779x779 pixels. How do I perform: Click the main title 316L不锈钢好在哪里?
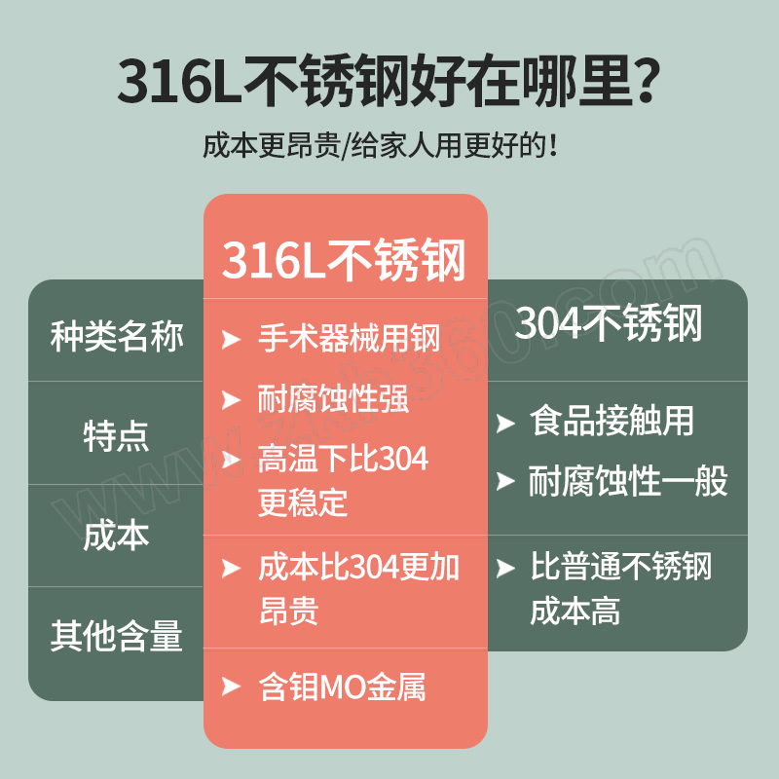[x=389, y=81]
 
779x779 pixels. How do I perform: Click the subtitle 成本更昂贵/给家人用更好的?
[x=380, y=145]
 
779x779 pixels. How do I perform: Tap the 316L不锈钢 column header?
[x=344, y=260]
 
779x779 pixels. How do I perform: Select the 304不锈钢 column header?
[x=608, y=323]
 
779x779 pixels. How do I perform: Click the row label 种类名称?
[x=117, y=336]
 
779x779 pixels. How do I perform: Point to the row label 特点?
[x=116, y=435]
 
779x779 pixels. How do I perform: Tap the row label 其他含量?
[x=117, y=636]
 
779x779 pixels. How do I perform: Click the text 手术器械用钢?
[x=350, y=338]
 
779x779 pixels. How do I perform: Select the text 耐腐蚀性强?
[x=333, y=398]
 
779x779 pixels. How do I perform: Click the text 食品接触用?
[x=612, y=421]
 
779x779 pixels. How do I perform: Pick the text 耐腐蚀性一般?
[x=628, y=480]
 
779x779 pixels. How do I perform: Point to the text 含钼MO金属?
[x=343, y=686]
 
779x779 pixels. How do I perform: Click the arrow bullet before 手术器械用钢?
[x=231, y=339]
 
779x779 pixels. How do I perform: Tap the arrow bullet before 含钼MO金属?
[x=231, y=686]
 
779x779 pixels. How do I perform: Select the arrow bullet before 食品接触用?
[x=505, y=424]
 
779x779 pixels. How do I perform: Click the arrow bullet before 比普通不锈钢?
[x=505, y=569]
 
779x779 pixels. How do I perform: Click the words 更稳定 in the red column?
[x=303, y=502]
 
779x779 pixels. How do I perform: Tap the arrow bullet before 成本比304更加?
[x=231, y=569]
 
